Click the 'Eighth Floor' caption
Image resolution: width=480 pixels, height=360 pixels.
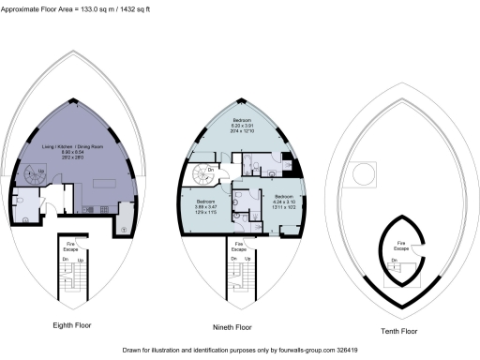(x=70, y=327)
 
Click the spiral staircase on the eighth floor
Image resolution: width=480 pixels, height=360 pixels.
(x=36, y=174)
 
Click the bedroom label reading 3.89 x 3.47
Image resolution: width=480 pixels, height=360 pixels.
(x=206, y=205)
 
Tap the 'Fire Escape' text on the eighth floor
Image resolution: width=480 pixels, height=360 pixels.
(x=69, y=246)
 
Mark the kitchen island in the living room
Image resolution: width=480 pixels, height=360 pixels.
(x=94, y=208)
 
